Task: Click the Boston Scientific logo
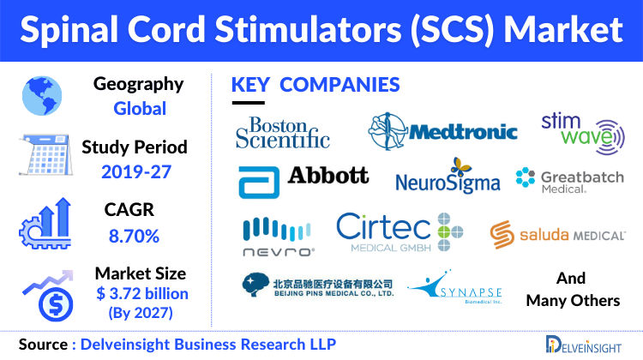283,133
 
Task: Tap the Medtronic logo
443,132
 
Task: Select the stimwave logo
583,133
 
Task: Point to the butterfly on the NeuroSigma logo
461,166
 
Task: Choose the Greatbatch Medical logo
569,181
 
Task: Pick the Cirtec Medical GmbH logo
400,232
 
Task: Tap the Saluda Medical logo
557,235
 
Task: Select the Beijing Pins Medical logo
318,285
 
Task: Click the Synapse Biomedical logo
454,287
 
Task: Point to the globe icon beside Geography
42,96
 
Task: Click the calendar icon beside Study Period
46,154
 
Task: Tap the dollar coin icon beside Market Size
56,304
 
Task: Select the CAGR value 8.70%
134,237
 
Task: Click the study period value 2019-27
136,171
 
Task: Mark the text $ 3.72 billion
142,294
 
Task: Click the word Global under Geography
140,109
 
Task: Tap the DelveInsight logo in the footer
584,345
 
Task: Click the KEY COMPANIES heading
315,85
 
